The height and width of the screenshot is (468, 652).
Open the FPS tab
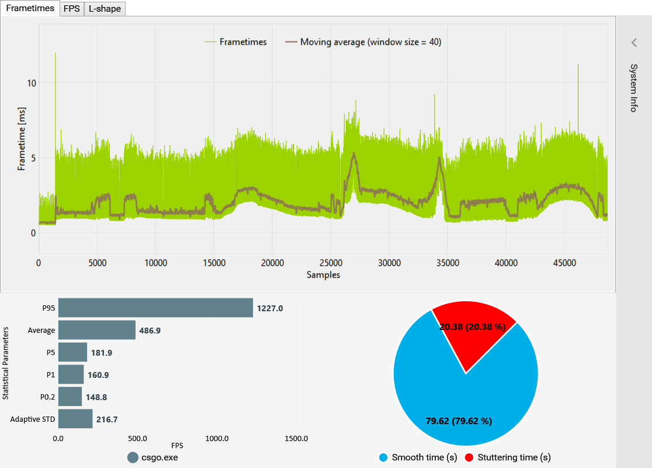[x=72, y=9]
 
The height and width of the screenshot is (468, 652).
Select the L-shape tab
[x=105, y=9]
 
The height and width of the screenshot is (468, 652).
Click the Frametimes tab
[x=30, y=8]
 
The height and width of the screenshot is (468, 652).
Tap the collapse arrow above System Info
[x=634, y=42]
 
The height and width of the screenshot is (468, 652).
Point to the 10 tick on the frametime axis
[x=31, y=83]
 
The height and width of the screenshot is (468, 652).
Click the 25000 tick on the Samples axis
[x=331, y=263]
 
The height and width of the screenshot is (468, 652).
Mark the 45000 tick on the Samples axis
[x=564, y=263]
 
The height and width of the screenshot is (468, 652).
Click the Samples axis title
[x=323, y=274]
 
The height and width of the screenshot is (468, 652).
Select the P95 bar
[x=155, y=308]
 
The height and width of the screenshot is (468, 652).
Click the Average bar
[x=97, y=330]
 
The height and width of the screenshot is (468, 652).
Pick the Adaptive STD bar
[x=75, y=419]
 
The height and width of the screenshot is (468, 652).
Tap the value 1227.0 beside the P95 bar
[x=270, y=308]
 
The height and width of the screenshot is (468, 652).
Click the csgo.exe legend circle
[x=133, y=457]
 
